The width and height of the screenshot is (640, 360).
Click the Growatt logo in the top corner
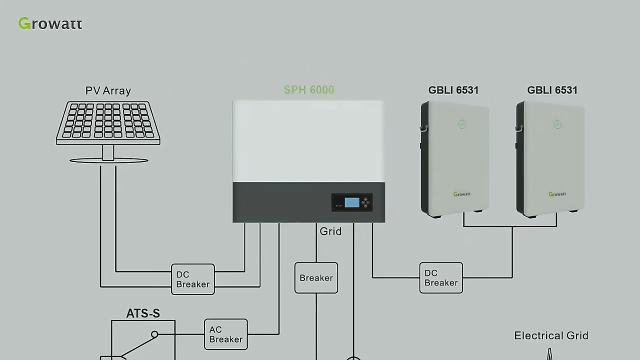(x=50, y=23)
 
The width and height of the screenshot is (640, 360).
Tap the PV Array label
(x=108, y=90)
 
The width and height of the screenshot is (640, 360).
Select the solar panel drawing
(x=108, y=121)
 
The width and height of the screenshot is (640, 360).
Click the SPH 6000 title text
(x=308, y=90)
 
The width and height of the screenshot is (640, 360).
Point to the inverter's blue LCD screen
(x=352, y=202)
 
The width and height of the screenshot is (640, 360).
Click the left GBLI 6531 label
(x=453, y=90)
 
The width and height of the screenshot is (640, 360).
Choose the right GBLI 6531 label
(x=552, y=90)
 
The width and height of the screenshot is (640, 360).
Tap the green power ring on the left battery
(x=462, y=124)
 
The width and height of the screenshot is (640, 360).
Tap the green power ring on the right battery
(x=557, y=124)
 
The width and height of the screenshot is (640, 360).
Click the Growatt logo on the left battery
(x=461, y=194)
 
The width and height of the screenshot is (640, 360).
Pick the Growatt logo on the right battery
(x=557, y=194)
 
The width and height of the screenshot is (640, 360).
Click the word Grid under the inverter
(x=330, y=231)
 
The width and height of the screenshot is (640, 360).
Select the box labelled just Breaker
(x=316, y=278)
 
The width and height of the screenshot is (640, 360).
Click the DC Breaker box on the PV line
(x=192, y=279)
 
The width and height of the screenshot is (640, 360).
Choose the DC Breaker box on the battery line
(x=441, y=278)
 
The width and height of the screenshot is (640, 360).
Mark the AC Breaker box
(x=225, y=334)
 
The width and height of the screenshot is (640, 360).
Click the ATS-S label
(x=143, y=313)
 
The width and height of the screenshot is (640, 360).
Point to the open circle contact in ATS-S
(x=154, y=334)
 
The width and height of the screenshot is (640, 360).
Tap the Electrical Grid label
(x=551, y=335)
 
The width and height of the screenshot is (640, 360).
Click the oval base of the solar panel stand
(x=108, y=160)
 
